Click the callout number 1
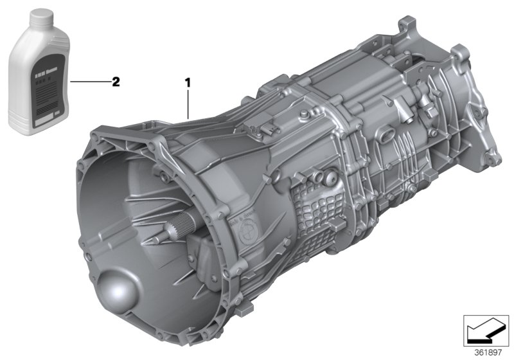coord(188,82)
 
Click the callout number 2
coord(116,82)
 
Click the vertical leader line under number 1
coord(188,103)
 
